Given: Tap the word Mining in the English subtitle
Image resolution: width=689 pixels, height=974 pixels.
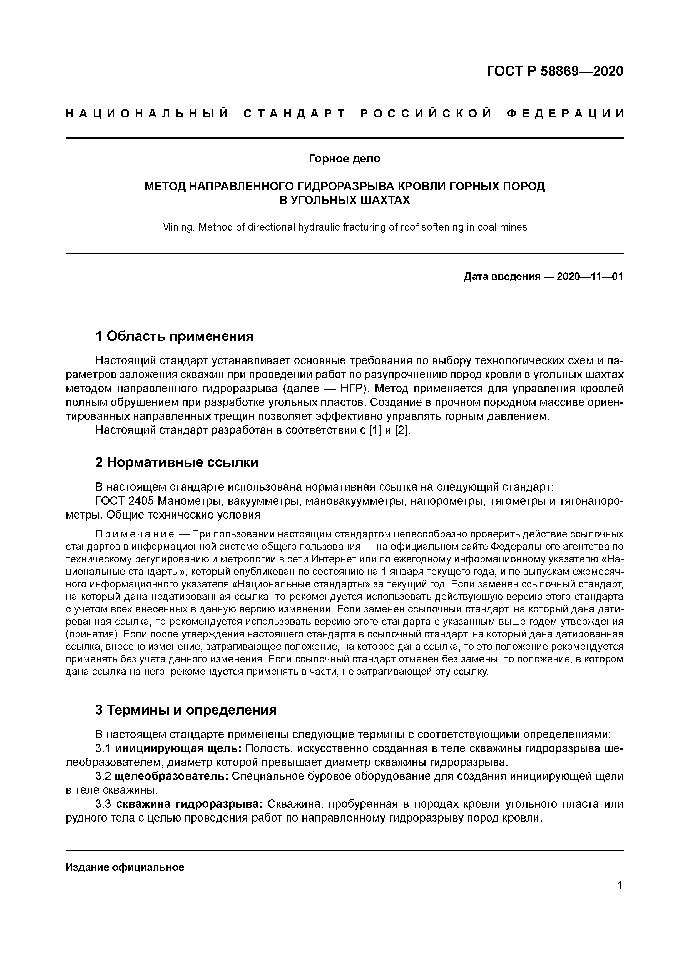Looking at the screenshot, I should [176, 227].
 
